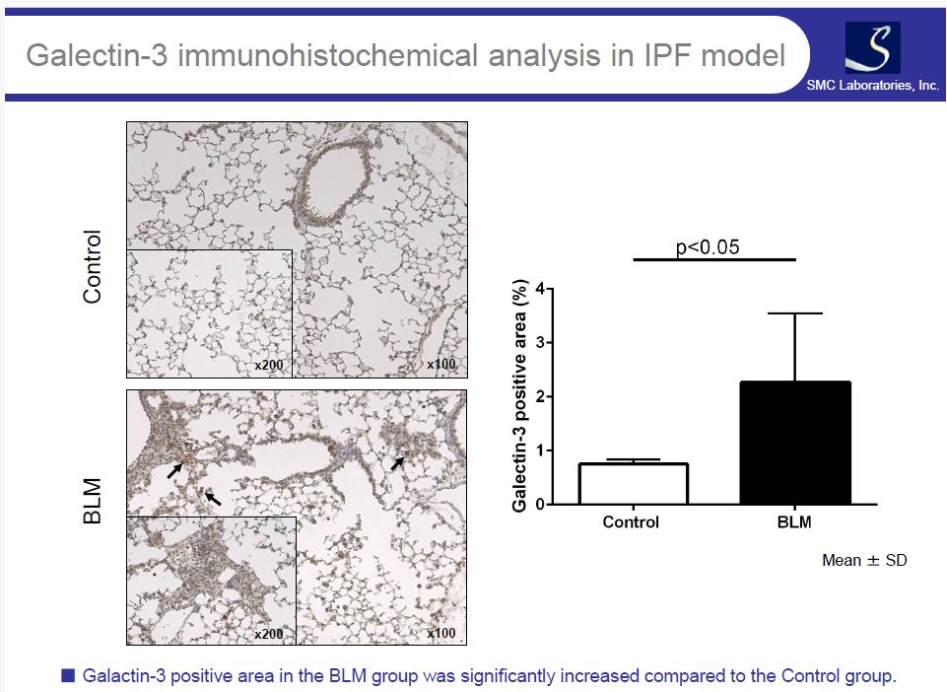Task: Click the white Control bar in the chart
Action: [634, 483]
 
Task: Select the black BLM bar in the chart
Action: [795, 443]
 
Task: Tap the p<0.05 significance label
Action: [708, 247]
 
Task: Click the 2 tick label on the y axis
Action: [540, 396]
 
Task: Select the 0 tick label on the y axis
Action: [540, 505]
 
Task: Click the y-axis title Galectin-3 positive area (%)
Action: [519, 396]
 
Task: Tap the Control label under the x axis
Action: [631, 522]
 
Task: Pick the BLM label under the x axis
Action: [794, 522]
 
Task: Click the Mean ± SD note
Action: [864, 560]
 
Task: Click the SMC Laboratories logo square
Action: [873, 47]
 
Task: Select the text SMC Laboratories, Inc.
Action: [873, 85]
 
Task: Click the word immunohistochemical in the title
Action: [328, 55]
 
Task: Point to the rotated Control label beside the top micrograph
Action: [92, 266]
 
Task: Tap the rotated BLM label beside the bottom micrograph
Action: [92, 501]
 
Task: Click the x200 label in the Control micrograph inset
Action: [269, 365]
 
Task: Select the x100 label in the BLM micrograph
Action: [441, 633]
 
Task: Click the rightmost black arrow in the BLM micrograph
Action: [397, 463]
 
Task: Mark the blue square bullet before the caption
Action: [68, 675]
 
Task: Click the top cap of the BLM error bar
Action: [795, 313]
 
